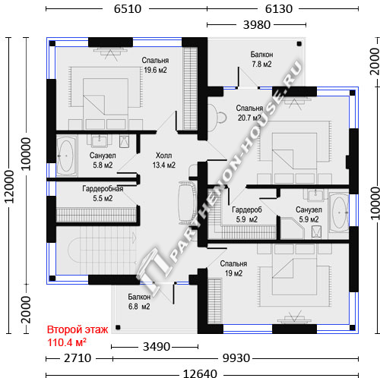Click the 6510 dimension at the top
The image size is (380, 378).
click(128, 9)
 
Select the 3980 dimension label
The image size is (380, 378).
click(257, 25)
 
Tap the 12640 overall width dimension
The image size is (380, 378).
click(200, 373)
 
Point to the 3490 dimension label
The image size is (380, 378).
click(157, 347)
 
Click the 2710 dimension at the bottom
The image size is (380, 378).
click(78, 358)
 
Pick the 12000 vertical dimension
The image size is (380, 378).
click(9, 187)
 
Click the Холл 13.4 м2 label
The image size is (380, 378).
click(163, 160)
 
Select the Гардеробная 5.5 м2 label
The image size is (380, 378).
click(103, 194)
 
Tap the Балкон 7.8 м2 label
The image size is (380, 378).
click(261, 59)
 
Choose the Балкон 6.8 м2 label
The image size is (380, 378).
click(139, 301)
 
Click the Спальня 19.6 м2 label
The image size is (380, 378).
click(155, 65)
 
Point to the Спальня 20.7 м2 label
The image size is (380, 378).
click(249, 113)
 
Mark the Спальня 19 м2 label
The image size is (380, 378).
click(233, 269)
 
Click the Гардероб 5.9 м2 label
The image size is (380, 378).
click(247, 215)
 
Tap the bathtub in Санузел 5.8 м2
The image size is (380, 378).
click(66, 156)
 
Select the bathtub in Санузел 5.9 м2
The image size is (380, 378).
click(339, 213)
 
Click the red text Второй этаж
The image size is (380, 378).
click(78, 329)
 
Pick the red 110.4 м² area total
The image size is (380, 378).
click(67, 342)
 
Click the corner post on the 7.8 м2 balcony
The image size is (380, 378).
click(299, 44)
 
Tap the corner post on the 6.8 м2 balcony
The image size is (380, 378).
click(118, 327)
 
